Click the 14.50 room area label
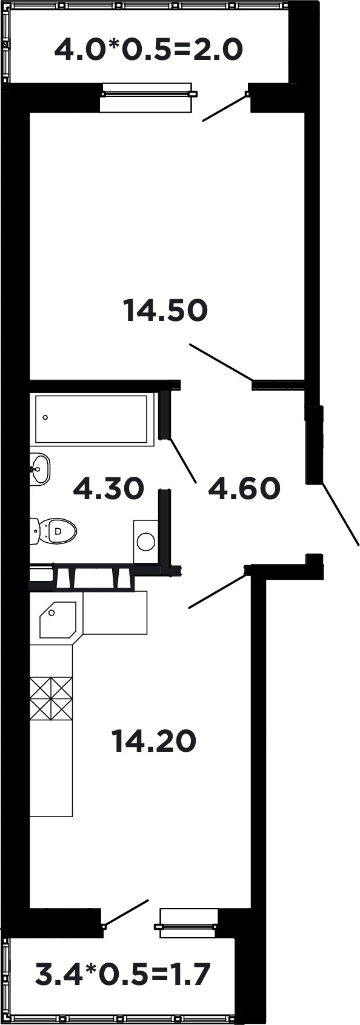click(x=165, y=311)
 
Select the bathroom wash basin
click(x=41, y=468)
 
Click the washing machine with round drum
click(x=145, y=542)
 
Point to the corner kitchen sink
click(x=56, y=619)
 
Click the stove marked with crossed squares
click(x=52, y=698)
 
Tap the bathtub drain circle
click(x=45, y=417)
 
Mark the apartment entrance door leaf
click(x=339, y=513)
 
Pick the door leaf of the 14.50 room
click(x=221, y=362)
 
